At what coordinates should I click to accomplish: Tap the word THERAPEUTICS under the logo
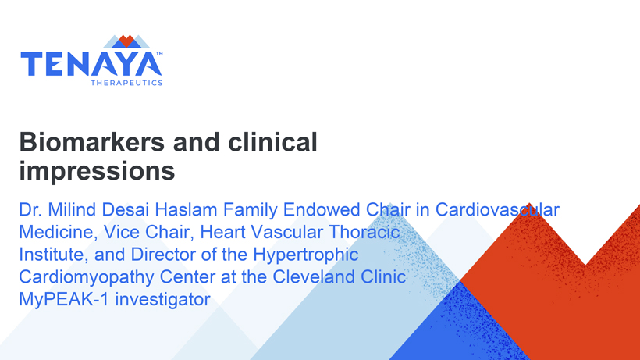[x=126, y=83]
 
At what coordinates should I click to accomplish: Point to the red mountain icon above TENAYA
[x=126, y=41]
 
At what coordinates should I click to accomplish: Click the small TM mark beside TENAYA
[x=159, y=53]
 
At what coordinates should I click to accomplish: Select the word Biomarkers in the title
[x=92, y=142]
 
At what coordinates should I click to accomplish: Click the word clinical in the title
[x=272, y=142]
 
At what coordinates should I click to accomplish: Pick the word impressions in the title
[x=97, y=170]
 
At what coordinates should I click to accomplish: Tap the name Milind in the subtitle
[x=72, y=210]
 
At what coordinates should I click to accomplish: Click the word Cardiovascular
[x=497, y=210]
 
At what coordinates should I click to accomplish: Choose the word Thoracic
[x=364, y=232]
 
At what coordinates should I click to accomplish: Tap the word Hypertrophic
[x=306, y=255]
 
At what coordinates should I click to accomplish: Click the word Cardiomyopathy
[x=86, y=277]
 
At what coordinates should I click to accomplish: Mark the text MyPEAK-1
[x=64, y=300]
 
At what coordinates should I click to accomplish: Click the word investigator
[x=162, y=300]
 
